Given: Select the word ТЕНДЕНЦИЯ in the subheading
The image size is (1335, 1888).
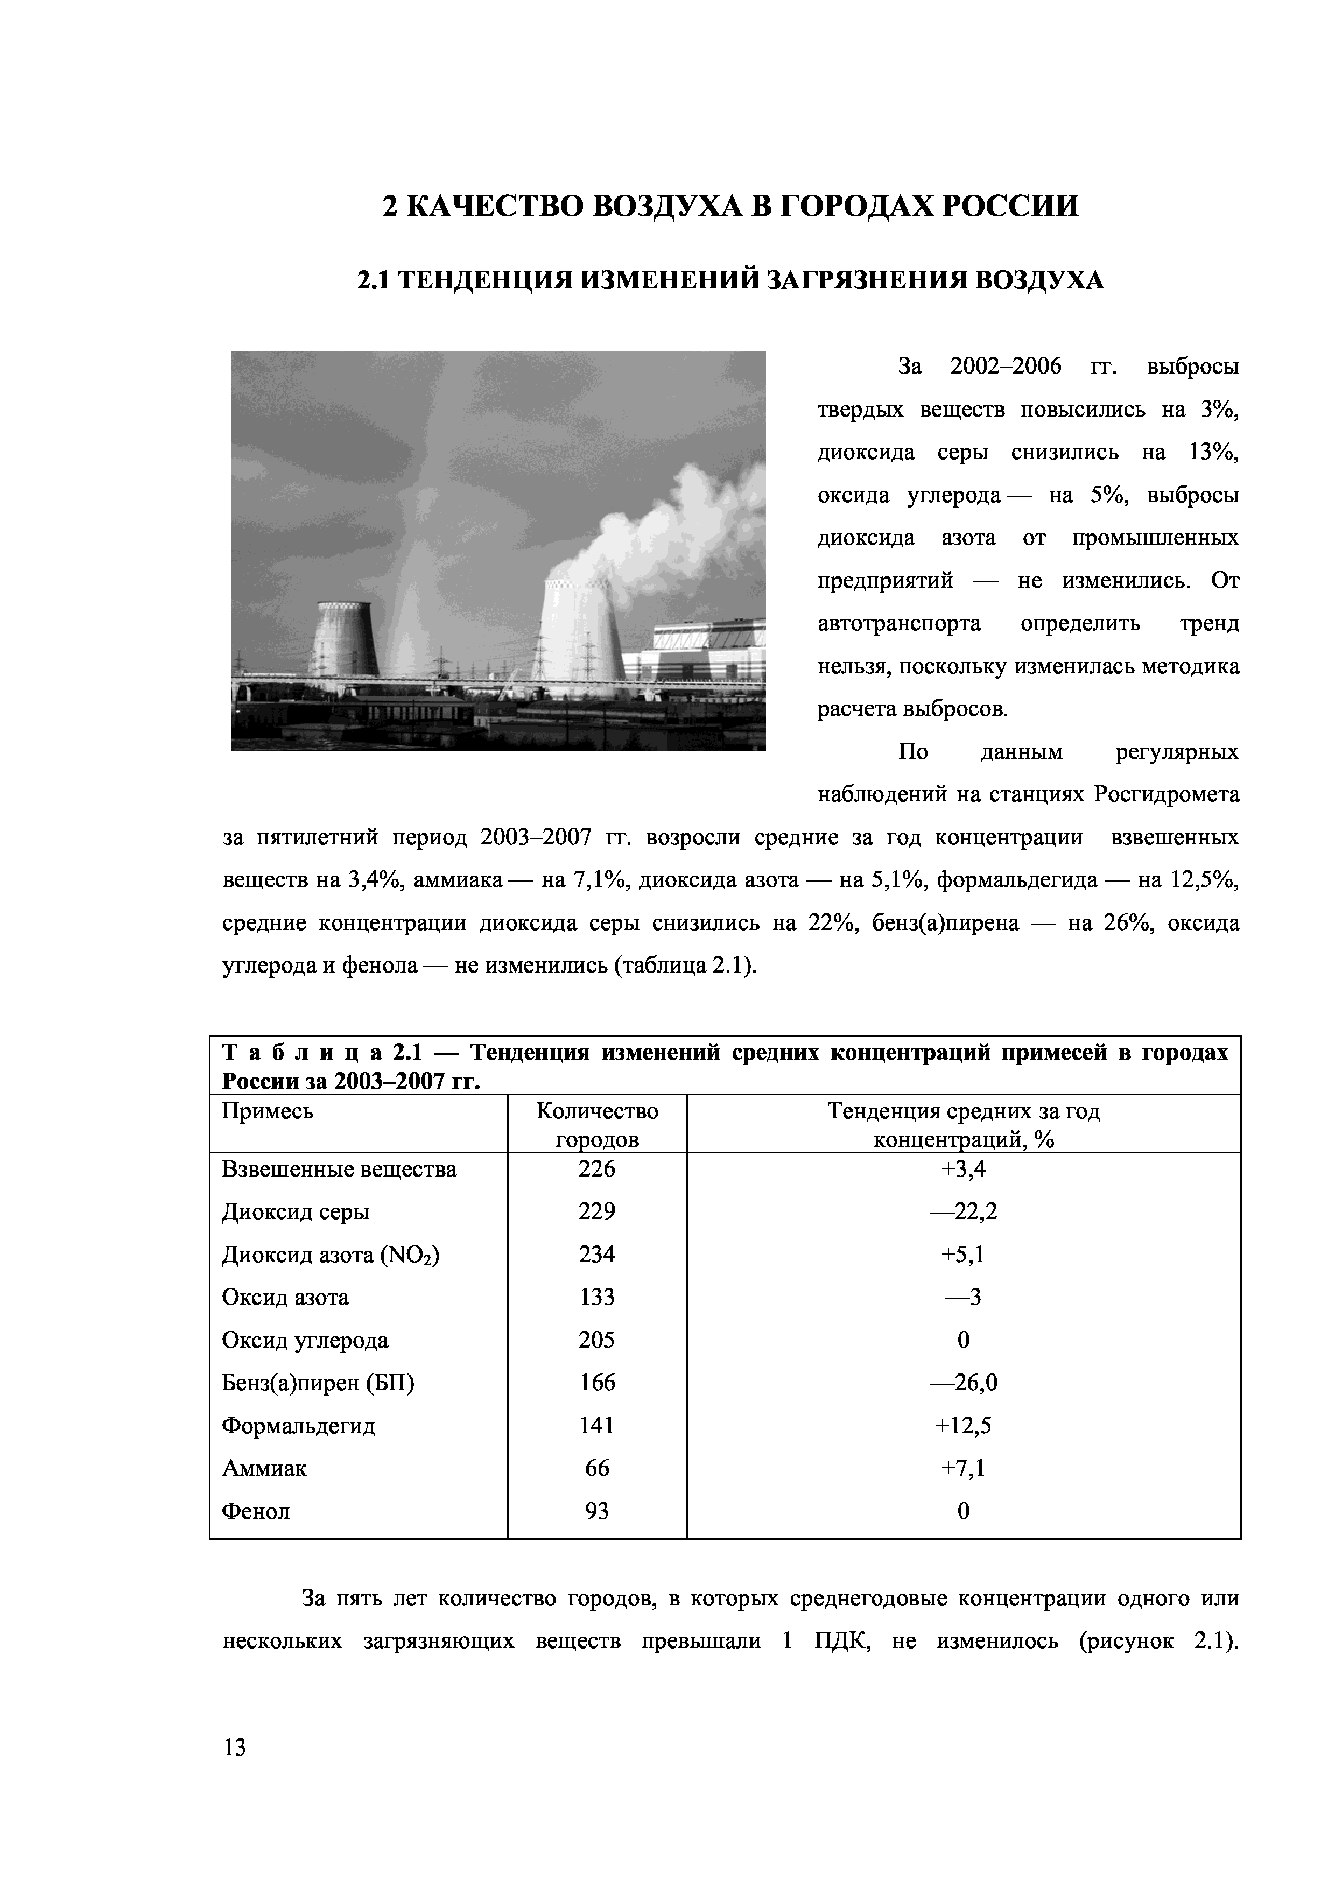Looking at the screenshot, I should [x=487, y=281].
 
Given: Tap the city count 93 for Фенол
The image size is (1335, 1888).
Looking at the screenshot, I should [x=596, y=1511].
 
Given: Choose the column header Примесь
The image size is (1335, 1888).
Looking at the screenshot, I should [x=268, y=1112].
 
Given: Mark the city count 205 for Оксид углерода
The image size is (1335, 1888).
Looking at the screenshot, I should [x=596, y=1340].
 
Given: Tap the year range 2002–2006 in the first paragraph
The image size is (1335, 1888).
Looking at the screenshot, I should [x=1005, y=367].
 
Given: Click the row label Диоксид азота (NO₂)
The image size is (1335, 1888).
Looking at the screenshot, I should [x=331, y=1255].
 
